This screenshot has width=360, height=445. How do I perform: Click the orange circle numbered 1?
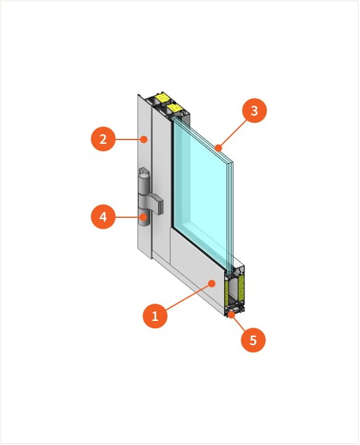155,316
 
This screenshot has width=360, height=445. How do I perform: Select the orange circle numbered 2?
103,139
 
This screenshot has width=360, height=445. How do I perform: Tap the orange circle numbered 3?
254,110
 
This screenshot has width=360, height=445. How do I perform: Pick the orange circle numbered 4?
103,217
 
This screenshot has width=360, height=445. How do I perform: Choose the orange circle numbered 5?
253,340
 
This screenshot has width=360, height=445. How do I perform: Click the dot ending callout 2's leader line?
144,139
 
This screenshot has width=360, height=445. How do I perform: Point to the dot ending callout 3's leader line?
218,148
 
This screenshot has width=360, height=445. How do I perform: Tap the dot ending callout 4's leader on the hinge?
144,217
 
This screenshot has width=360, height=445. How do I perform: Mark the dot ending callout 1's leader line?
212,283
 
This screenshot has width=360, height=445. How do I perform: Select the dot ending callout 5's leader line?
232,314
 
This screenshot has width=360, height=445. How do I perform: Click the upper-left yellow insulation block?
163,98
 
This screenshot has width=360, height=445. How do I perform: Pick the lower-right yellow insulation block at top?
175,108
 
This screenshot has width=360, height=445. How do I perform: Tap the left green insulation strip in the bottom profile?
227,290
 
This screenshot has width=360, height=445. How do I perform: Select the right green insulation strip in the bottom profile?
241,287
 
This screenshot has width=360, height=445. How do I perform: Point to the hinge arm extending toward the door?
156,203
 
